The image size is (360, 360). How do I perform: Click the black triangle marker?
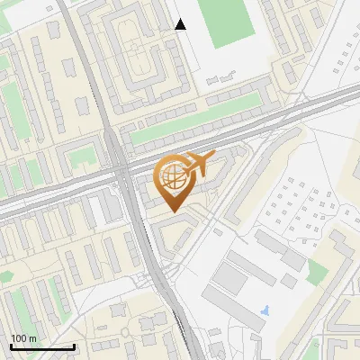click(181, 24)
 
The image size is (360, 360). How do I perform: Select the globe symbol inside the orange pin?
click(171, 175)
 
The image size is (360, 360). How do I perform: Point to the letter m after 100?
click(33, 338)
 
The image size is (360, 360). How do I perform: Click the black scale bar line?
click(42, 346)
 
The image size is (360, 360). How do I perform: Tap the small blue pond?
click(263, 310)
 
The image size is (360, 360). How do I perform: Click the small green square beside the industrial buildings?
click(316, 270)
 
